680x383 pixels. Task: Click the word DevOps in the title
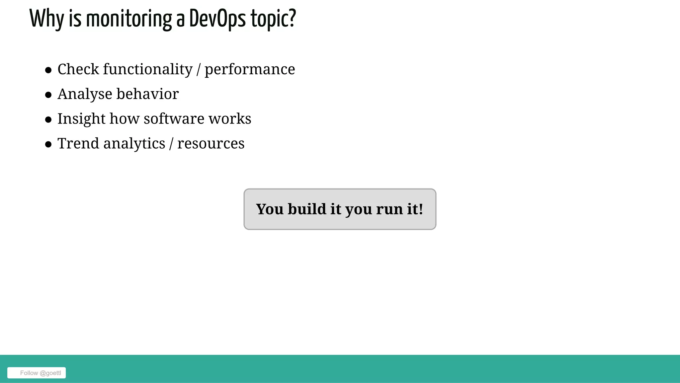[217, 19]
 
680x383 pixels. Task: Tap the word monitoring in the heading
[129, 19]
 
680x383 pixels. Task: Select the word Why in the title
[47, 19]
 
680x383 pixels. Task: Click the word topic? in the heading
[273, 19]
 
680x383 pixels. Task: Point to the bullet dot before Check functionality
[48, 70]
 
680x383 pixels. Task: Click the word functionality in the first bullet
[148, 69]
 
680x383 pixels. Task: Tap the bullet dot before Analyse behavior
[48, 95]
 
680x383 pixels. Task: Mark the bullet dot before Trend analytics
[48, 144]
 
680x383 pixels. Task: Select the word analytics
[134, 144]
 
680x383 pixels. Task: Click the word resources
[211, 144]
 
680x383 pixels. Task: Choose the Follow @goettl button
[37, 373]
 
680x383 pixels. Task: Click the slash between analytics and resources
[171, 144]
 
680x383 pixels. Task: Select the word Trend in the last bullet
[78, 143]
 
